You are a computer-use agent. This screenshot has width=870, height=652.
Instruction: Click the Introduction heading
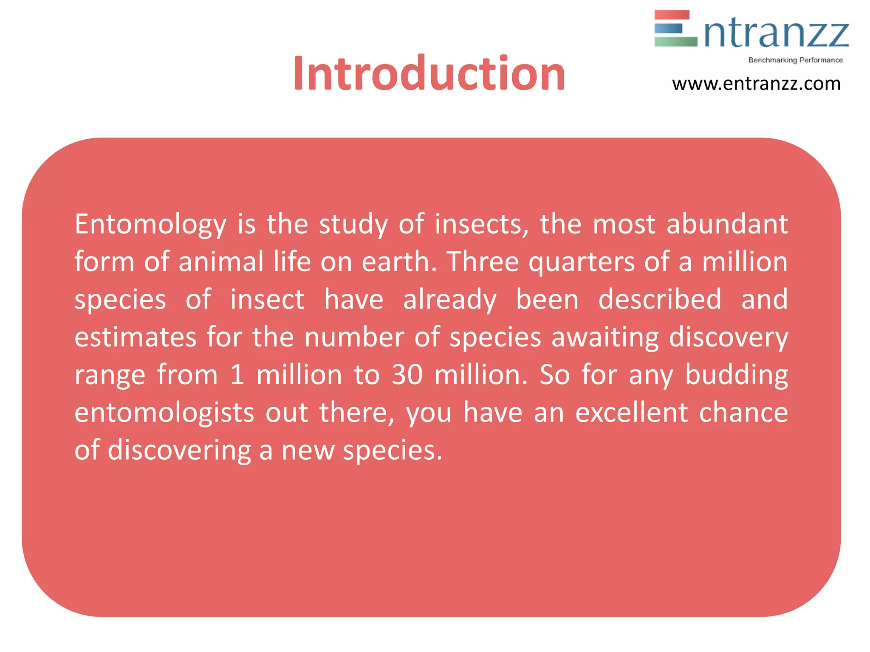pyautogui.click(x=429, y=74)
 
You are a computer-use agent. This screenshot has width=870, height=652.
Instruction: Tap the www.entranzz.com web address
pyautogui.click(x=756, y=84)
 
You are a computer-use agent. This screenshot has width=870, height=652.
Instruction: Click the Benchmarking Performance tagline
pyautogui.click(x=795, y=60)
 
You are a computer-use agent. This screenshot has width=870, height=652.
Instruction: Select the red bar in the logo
pyautogui.click(x=672, y=15)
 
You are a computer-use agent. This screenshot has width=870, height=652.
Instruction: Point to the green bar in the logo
pyautogui.click(x=675, y=42)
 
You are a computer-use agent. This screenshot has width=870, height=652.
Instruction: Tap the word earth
pyautogui.click(x=399, y=262)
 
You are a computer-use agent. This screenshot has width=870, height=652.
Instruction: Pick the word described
pyautogui.click(x=659, y=299)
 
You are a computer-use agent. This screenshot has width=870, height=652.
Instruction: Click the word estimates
pyautogui.click(x=135, y=337)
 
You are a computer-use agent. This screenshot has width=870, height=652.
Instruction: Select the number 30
pyautogui.click(x=407, y=375)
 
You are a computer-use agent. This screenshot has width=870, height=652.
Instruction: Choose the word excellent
pyautogui.click(x=631, y=413)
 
